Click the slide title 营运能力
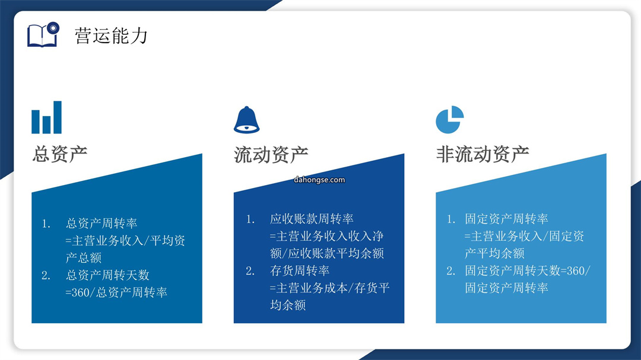tap(111, 36)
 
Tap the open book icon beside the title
tap(43, 35)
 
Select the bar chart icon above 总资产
tap(47, 117)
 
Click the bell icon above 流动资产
tap(246, 120)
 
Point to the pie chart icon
tap(450, 120)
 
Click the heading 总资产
tap(60, 154)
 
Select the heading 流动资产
tap(271, 155)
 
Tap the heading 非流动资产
tap(483, 154)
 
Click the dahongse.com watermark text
tap(319, 180)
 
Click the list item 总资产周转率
tap(101, 223)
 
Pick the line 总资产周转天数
tap(107, 275)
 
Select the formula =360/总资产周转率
tap(116, 292)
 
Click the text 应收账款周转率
tap(312, 219)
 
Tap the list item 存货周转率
tap(300, 270)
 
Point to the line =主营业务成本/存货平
tap(329, 288)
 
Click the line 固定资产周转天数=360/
tap(528, 270)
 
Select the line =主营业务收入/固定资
tap(524, 236)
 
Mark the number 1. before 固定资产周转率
tap(451, 219)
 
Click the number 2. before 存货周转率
tap(250, 271)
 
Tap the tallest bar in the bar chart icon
tap(58, 117)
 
